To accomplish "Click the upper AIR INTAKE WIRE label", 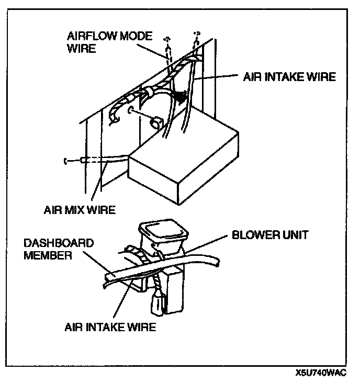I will tap(288, 77).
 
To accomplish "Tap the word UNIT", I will tap(292, 235).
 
